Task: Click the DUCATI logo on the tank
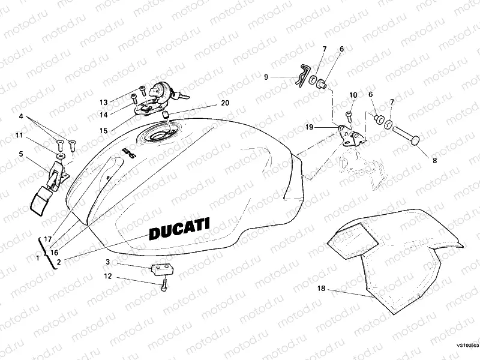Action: point(179,229)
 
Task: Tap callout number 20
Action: point(224,103)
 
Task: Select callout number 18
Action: point(321,289)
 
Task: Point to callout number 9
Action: point(266,77)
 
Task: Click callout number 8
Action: point(435,161)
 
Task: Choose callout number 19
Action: point(309,127)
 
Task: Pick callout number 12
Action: point(107,277)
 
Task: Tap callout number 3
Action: point(107,262)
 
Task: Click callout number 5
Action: point(21,154)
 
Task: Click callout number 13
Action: point(103,101)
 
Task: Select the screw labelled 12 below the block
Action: point(163,286)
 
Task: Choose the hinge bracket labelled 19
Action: point(350,135)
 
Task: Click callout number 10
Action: point(353,95)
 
